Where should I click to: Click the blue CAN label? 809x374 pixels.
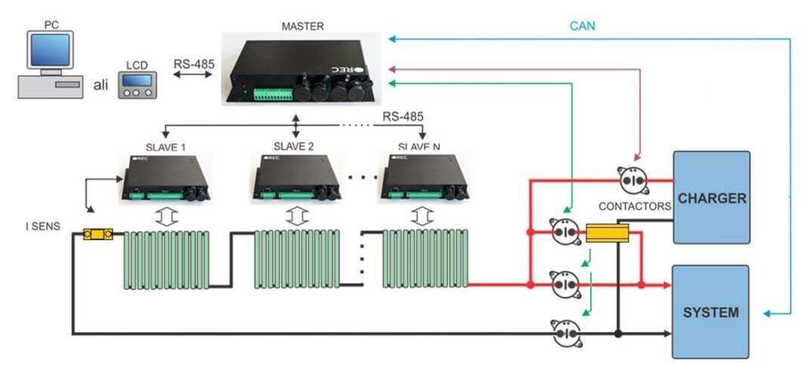click(x=581, y=26)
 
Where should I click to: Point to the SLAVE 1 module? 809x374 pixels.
click(x=164, y=178)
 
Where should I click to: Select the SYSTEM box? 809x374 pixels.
click(x=711, y=312)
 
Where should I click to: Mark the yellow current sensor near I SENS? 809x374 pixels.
click(x=98, y=234)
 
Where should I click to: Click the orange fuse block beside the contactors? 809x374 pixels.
click(x=608, y=233)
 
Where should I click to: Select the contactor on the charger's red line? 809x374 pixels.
click(x=632, y=181)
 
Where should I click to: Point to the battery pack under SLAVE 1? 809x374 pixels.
click(x=165, y=260)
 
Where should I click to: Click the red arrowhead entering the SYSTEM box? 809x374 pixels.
click(x=666, y=285)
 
